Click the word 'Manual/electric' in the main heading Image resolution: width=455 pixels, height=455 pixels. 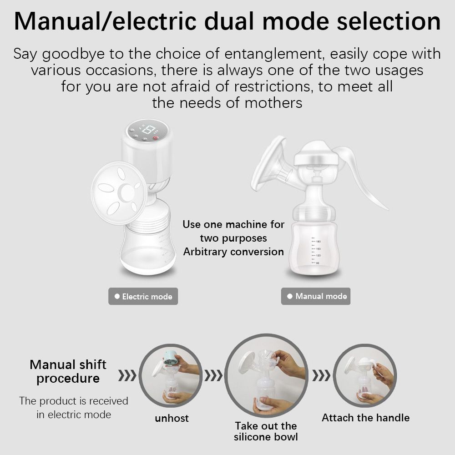(x=106, y=21)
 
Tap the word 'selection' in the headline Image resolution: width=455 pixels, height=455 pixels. (x=389, y=21)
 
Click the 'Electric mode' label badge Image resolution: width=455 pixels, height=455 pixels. (x=143, y=296)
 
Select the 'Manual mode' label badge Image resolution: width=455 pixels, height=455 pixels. (x=316, y=296)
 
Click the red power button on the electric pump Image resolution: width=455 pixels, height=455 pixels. (x=155, y=138)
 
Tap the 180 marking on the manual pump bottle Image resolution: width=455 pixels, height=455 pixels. (x=318, y=242)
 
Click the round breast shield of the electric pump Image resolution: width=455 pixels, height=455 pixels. (x=119, y=192)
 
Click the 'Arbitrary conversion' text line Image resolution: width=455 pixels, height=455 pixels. (x=233, y=252)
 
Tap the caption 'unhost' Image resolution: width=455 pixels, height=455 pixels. (x=172, y=418)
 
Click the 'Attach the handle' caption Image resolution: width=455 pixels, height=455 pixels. (x=366, y=418)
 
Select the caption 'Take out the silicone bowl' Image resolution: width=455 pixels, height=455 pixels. (x=266, y=431)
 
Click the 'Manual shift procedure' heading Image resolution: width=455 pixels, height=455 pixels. (x=68, y=371)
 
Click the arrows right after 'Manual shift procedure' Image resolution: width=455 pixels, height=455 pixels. (x=127, y=375)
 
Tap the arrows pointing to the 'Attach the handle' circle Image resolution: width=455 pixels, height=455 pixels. (x=321, y=375)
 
